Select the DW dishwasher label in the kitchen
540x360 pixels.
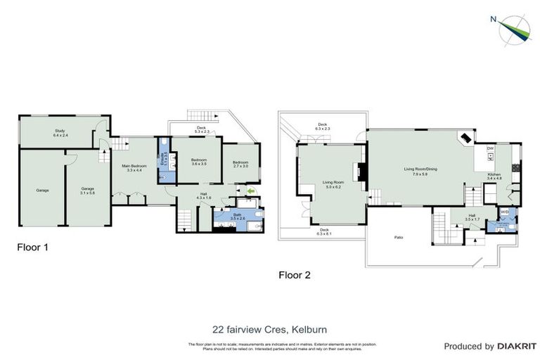click(490, 149)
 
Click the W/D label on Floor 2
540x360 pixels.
click(504, 212)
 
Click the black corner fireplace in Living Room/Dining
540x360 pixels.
click(465, 138)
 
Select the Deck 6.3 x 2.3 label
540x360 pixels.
click(322, 127)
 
